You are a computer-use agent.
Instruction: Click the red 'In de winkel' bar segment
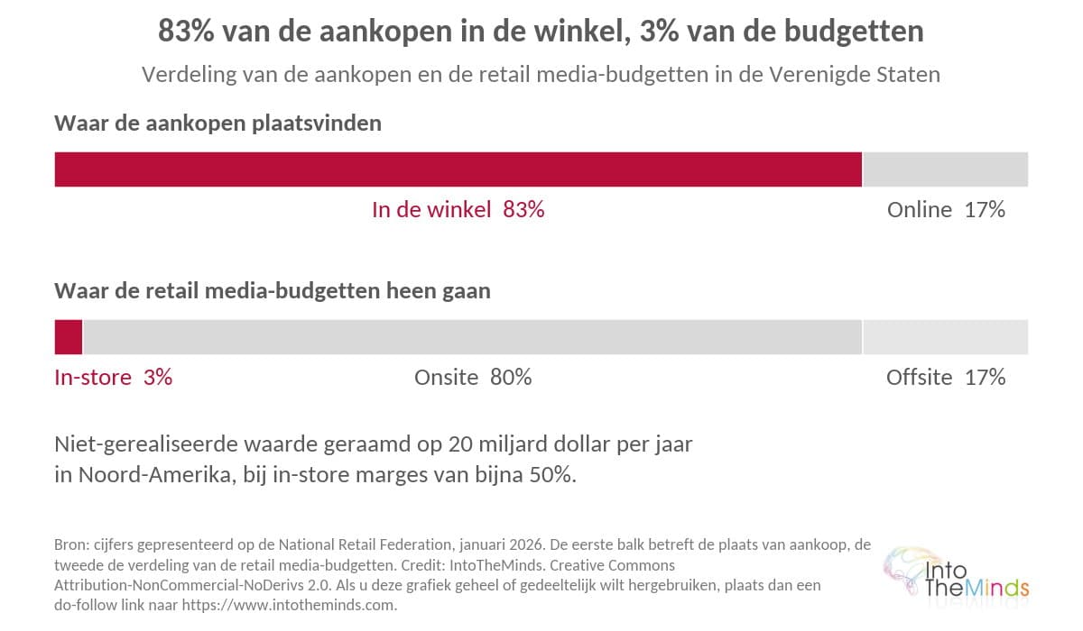(x=458, y=169)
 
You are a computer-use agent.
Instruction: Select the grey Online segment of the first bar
(x=946, y=169)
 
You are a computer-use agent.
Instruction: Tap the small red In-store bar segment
(x=69, y=337)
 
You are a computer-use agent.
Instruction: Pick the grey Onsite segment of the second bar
(x=472, y=337)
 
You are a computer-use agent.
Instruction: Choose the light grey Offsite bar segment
(x=946, y=337)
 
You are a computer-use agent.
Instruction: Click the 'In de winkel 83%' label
(x=458, y=210)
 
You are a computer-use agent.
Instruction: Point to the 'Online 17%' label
(x=946, y=210)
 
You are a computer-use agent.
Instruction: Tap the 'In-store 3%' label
(x=113, y=378)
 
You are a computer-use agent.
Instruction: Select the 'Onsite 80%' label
(x=473, y=378)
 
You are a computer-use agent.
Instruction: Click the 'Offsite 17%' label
(x=946, y=378)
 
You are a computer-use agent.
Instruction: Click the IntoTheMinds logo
(x=956, y=575)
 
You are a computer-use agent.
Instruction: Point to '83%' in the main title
(x=186, y=31)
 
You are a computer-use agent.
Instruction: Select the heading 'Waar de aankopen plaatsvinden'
(x=218, y=123)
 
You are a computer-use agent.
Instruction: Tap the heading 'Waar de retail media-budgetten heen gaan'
(x=273, y=291)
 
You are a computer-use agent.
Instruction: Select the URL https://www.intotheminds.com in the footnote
(x=288, y=606)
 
